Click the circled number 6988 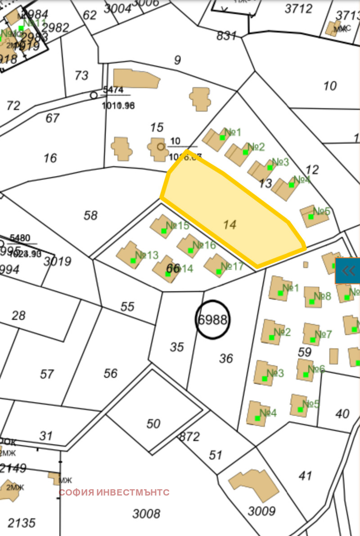pyautogui.click(x=213, y=320)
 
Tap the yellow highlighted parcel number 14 pyautogui.click(x=229, y=224)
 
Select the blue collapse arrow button pyautogui.click(x=348, y=271)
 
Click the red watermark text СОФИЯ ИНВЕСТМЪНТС pyautogui.click(x=114, y=492)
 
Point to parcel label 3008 pyautogui.click(x=147, y=514)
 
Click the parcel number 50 pyautogui.click(x=153, y=424)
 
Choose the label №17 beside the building pyautogui.click(x=232, y=267)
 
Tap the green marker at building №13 pyautogui.click(x=133, y=260)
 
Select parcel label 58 pyautogui.click(x=90, y=215)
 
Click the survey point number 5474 pyautogui.click(x=113, y=89)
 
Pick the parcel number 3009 pyautogui.click(x=261, y=511)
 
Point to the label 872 pyautogui.click(x=189, y=436)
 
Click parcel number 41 pyautogui.click(x=306, y=475)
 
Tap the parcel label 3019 pyautogui.click(x=58, y=261)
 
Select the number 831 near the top pyautogui.click(x=226, y=36)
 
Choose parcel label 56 pyautogui.click(x=111, y=373)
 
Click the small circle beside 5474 pyautogui.click(x=94, y=95)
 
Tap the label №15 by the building pyautogui.click(x=178, y=225)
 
